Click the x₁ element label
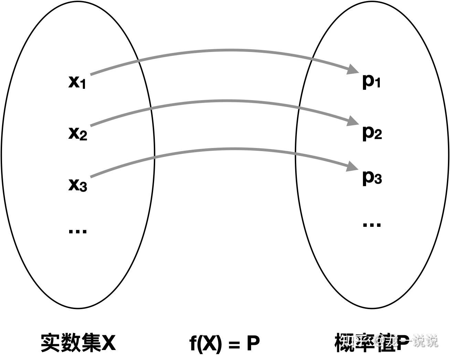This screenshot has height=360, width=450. tap(77, 82)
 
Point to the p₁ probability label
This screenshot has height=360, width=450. tap(372, 82)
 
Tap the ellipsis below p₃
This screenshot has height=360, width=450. tap(372, 225)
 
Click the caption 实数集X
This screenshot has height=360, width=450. tap(78, 342)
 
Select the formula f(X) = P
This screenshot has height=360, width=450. tap(225, 343)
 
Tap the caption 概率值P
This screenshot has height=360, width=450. tap(370, 342)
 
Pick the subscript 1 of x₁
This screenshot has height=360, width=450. tap(83, 85)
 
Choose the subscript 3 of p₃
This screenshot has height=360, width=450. tap(378, 180)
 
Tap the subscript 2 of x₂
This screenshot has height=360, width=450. tap(83, 136)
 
